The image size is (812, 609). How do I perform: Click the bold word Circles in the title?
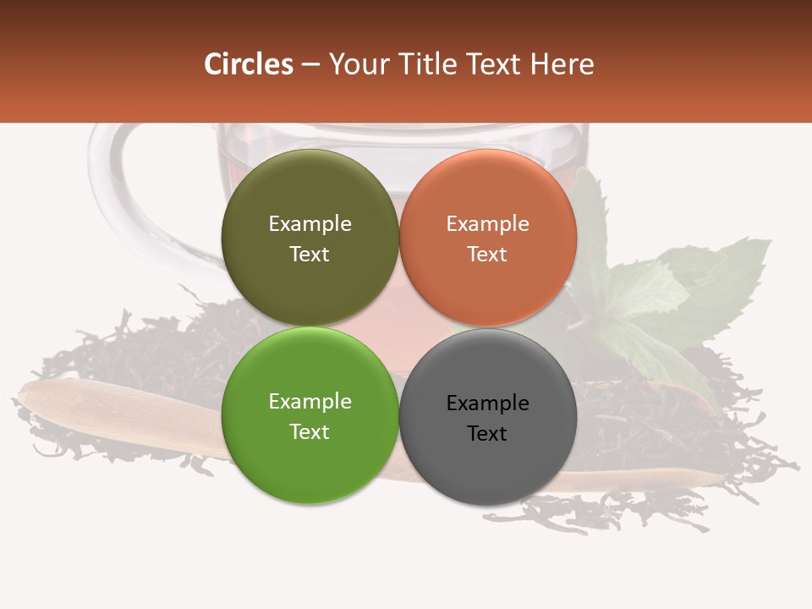[249, 64]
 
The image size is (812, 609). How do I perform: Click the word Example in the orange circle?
[487, 224]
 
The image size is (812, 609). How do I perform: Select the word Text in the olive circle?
[310, 255]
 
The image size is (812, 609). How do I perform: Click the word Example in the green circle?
[310, 402]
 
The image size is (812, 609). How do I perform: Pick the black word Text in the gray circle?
[487, 434]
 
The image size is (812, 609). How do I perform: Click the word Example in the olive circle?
[310, 224]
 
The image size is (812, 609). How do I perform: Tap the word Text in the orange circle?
[487, 255]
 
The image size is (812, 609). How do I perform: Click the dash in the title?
[310, 64]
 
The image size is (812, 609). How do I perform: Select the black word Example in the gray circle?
[487, 403]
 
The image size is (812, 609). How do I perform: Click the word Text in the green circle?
[310, 432]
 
